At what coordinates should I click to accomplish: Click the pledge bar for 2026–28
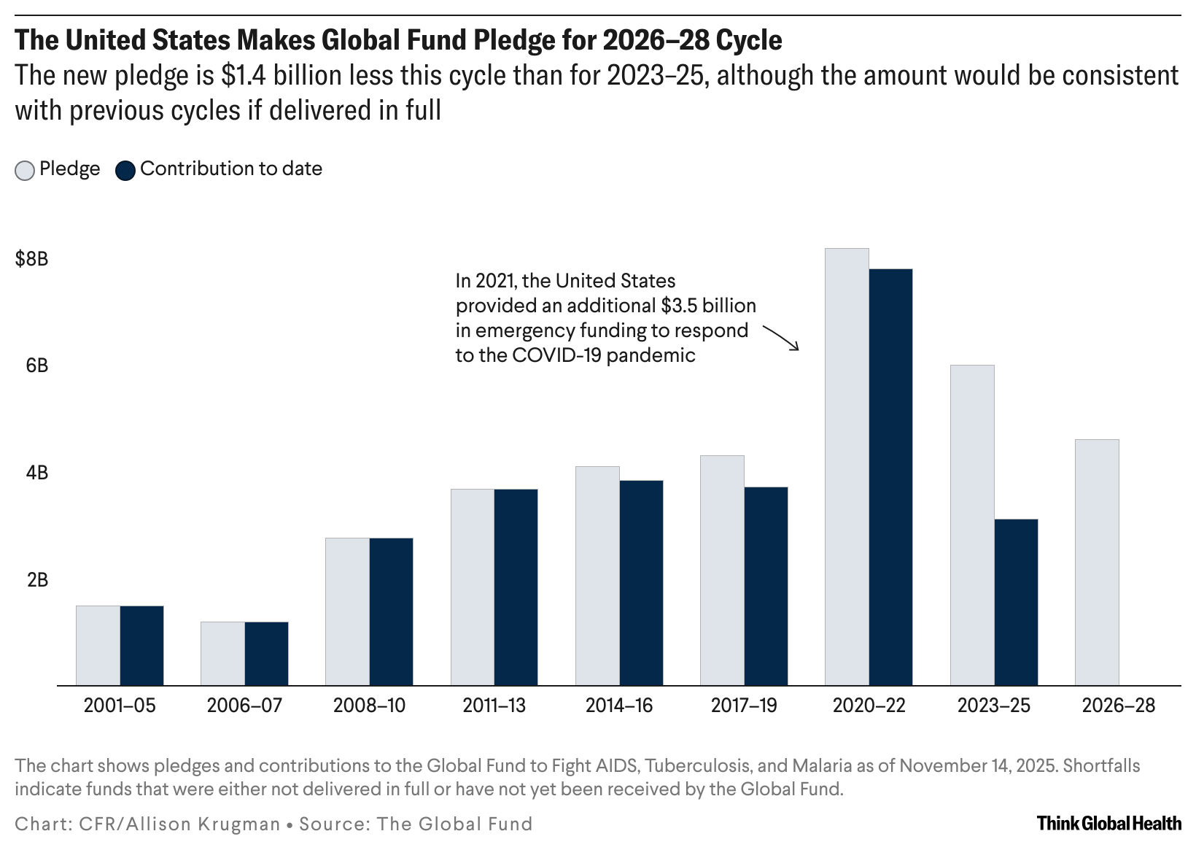click(1097, 562)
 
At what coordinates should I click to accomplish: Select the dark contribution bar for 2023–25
click(1016, 602)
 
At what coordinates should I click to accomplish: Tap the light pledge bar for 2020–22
click(847, 467)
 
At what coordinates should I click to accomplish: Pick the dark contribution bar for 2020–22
click(890, 477)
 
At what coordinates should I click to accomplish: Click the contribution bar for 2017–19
click(766, 586)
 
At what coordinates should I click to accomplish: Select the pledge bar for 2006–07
click(222, 653)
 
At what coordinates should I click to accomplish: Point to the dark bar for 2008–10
click(391, 611)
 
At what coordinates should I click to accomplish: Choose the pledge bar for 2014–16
click(597, 576)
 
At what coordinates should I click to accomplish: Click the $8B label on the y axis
click(32, 259)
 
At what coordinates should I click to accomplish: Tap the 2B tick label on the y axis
click(37, 580)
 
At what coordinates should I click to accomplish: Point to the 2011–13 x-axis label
click(494, 706)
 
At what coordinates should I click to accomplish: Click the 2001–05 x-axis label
click(120, 706)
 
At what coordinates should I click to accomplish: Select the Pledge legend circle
click(25, 171)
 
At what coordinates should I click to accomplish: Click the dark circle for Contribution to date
click(125, 171)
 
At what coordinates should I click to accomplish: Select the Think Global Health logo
click(1108, 824)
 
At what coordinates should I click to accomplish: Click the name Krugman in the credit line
click(241, 824)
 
